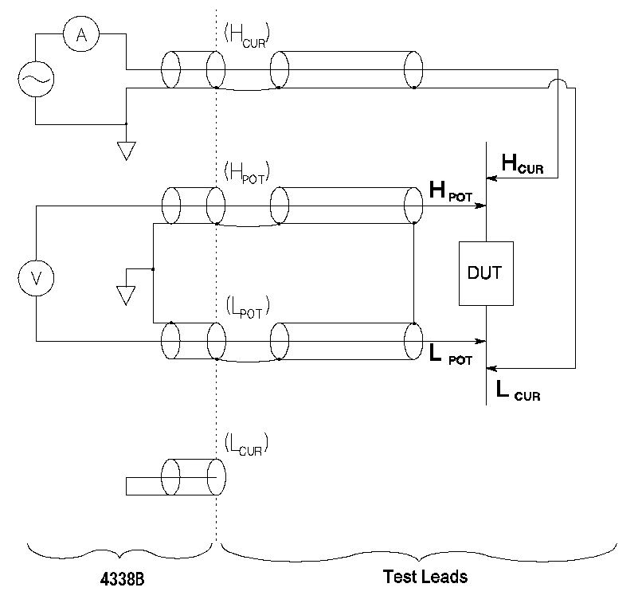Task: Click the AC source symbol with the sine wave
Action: [35, 80]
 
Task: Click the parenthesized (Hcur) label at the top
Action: [247, 34]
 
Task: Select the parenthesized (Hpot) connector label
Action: [248, 170]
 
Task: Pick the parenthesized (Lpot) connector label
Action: [247, 306]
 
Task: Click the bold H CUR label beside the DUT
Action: [522, 163]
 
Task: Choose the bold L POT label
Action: [451, 356]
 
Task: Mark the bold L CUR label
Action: [518, 390]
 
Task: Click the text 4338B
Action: [122, 579]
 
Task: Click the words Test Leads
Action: [425, 577]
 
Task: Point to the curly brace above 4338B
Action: [121, 551]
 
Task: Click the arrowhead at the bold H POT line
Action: [481, 206]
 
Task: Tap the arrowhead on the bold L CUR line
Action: [491, 369]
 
